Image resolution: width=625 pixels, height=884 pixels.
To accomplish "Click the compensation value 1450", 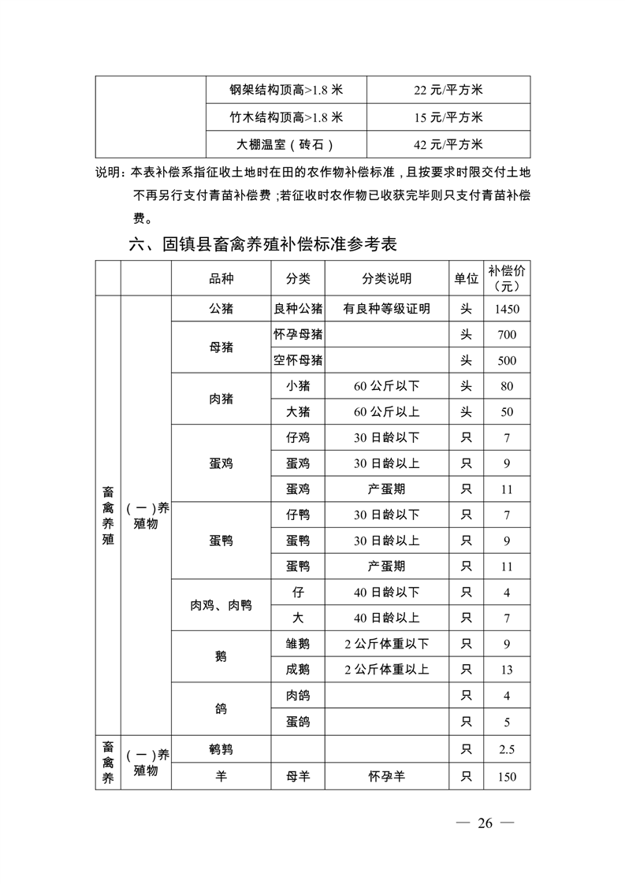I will [x=507, y=309].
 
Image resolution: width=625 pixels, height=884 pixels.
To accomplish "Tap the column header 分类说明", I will [x=386, y=279].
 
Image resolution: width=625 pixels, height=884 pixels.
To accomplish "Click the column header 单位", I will [x=466, y=279].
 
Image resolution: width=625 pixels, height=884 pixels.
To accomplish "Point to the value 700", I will [x=507, y=335].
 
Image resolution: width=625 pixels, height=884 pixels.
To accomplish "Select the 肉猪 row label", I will [x=221, y=399].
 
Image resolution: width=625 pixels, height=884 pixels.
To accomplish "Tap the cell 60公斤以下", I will [x=386, y=386].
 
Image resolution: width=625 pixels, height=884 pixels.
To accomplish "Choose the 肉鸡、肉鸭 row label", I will [x=221, y=605].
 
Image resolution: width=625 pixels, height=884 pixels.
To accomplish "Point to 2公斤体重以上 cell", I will [x=386, y=670].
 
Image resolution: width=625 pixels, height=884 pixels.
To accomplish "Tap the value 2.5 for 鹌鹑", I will [x=507, y=749].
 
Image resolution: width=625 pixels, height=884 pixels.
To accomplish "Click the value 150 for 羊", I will [x=507, y=777].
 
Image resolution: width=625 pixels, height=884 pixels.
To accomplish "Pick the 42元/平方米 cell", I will [x=448, y=144].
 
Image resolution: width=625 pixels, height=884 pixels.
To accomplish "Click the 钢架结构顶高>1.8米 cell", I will [x=286, y=90].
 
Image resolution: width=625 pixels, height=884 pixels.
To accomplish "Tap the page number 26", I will [x=485, y=823].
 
